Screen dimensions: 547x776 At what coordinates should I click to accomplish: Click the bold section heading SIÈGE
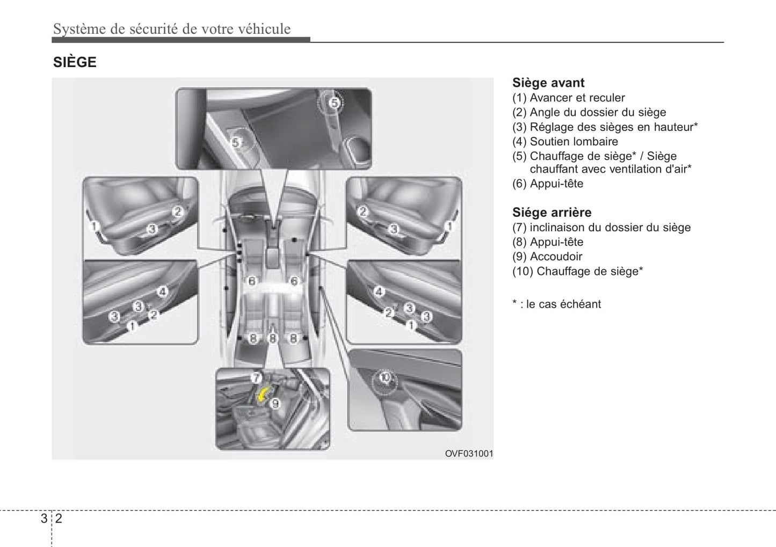pyautogui.click(x=75, y=62)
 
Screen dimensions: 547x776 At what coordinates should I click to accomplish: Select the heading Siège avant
pyautogui.click(x=548, y=83)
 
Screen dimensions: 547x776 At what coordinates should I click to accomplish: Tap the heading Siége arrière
pyautogui.click(x=552, y=212)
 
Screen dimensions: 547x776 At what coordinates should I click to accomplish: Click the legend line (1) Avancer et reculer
pyautogui.click(x=568, y=98)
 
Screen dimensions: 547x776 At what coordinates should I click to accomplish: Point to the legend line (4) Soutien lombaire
pyautogui.click(x=565, y=142)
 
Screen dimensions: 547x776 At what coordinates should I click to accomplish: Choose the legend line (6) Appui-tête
pyautogui.click(x=547, y=184)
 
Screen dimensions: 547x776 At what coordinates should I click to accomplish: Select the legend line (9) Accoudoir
pyautogui.click(x=547, y=257)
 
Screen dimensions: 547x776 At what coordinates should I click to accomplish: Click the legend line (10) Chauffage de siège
pyautogui.click(x=577, y=271)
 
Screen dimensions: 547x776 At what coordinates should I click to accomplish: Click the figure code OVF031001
pyautogui.click(x=468, y=454)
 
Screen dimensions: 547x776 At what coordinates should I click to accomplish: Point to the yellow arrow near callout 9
pyautogui.click(x=263, y=396)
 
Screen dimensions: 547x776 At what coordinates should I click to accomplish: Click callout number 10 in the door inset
pyautogui.click(x=385, y=377)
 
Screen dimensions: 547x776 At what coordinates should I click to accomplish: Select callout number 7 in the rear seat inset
pyautogui.click(x=256, y=377)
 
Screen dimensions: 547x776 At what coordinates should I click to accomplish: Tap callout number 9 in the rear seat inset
pyautogui.click(x=275, y=403)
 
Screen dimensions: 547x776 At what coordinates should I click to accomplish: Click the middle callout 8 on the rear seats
pyautogui.click(x=273, y=338)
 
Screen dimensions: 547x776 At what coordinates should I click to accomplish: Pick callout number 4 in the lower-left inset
pyautogui.click(x=162, y=291)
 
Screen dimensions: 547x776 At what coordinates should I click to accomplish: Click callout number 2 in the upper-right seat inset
pyautogui.click(x=363, y=211)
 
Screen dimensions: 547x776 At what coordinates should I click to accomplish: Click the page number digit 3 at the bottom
pyautogui.click(x=43, y=519)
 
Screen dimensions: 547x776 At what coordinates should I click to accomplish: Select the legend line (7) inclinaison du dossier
pyautogui.click(x=601, y=228)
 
